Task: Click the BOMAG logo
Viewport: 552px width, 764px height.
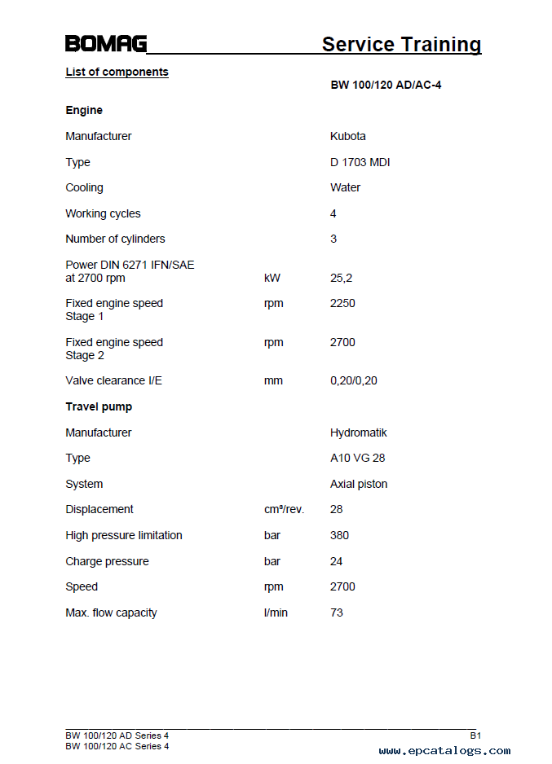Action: (x=106, y=44)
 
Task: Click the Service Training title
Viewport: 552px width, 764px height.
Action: (x=401, y=44)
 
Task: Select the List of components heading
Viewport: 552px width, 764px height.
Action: (x=117, y=72)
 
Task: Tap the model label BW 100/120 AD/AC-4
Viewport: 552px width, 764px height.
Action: (x=386, y=85)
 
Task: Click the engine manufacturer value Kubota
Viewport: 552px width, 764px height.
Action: (x=348, y=136)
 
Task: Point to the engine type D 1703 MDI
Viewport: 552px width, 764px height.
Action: (x=360, y=162)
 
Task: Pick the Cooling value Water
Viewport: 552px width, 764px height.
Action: (x=345, y=187)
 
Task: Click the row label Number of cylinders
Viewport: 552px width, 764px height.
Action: (x=115, y=239)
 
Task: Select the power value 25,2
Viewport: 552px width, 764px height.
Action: (x=341, y=278)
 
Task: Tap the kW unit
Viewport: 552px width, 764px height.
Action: (x=272, y=278)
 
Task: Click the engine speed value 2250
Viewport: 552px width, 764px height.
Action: (x=342, y=303)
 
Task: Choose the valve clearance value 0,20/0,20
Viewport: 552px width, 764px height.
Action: (x=353, y=380)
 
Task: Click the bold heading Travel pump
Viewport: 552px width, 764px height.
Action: (x=99, y=406)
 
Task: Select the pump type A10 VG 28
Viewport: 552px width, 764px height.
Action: (x=357, y=458)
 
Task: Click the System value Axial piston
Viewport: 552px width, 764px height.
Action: (x=359, y=484)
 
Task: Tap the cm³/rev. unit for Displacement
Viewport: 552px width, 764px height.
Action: (x=283, y=509)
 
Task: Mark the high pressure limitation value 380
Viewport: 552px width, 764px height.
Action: (x=339, y=535)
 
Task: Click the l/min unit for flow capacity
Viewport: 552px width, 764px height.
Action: (x=276, y=613)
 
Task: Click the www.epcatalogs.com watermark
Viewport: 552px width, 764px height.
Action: (x=444, y=751)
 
